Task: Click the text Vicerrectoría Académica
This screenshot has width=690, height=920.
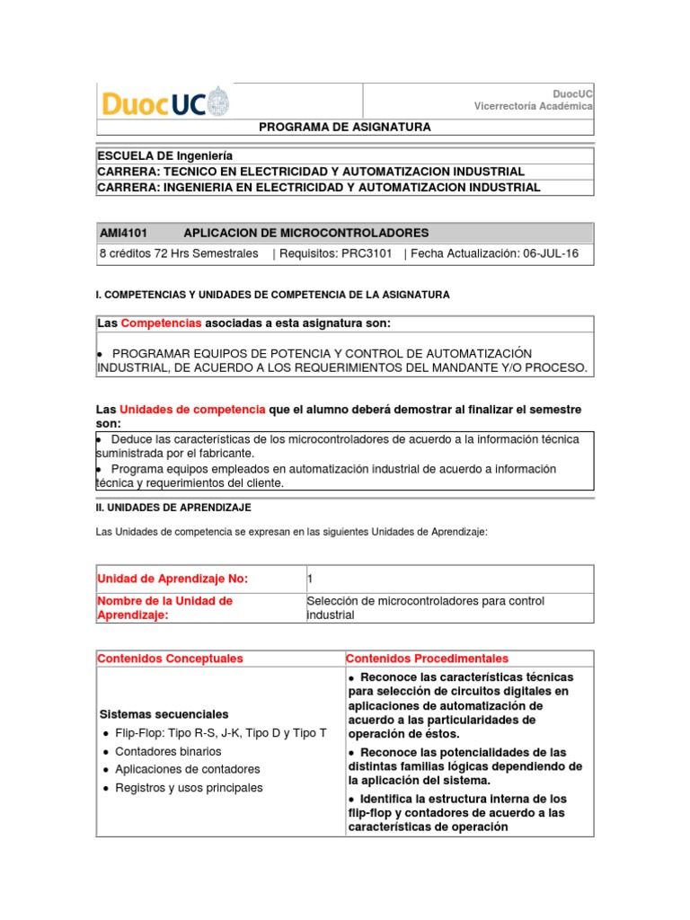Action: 534,106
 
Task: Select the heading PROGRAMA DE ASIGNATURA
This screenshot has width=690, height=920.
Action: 344,127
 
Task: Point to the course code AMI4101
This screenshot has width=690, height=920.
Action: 123,233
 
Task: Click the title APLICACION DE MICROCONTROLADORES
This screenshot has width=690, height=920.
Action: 293,233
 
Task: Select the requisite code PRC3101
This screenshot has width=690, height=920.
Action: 367,254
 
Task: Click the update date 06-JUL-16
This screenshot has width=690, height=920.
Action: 550,254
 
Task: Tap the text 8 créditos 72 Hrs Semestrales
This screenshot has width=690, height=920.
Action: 179,254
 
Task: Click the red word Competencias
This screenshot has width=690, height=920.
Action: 161,323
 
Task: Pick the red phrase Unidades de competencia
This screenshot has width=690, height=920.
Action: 192,409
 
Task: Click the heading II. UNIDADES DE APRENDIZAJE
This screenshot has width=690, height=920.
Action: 173,508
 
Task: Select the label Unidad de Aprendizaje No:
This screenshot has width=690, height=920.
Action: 172,578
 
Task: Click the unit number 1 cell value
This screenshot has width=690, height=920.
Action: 310,578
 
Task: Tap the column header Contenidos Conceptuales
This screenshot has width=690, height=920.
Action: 170,659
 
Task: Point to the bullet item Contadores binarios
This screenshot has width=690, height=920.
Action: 168,751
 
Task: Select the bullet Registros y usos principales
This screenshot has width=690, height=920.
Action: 189,788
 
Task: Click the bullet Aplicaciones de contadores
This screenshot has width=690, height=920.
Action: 187,769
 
